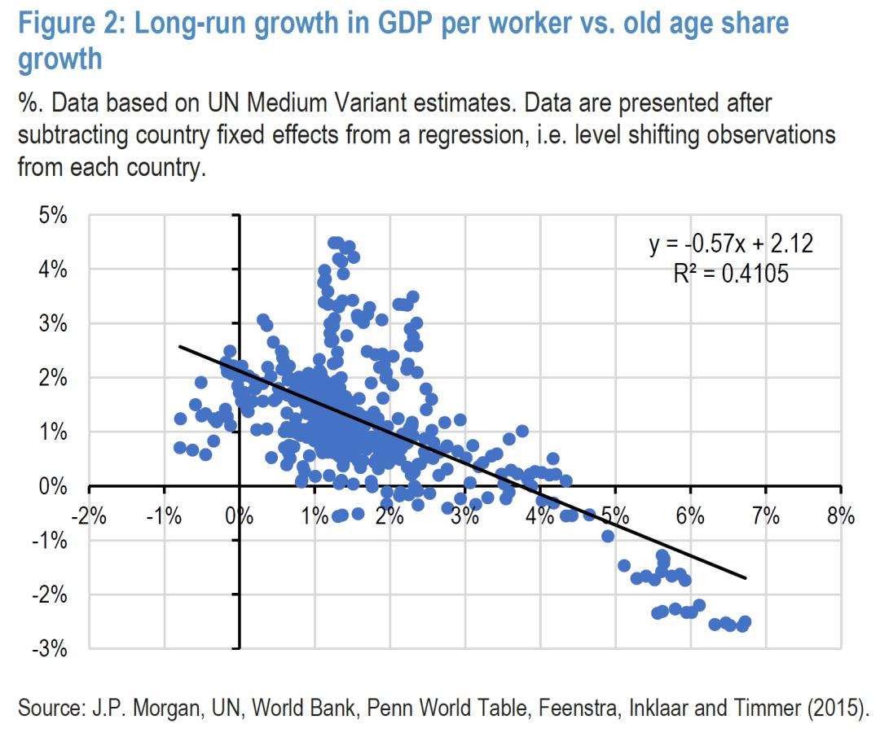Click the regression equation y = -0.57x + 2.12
[x=730, y=243]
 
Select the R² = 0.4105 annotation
[x=730, y=273]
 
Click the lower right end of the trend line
[x=745, y=578]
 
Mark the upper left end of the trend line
[x=180, y=346]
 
